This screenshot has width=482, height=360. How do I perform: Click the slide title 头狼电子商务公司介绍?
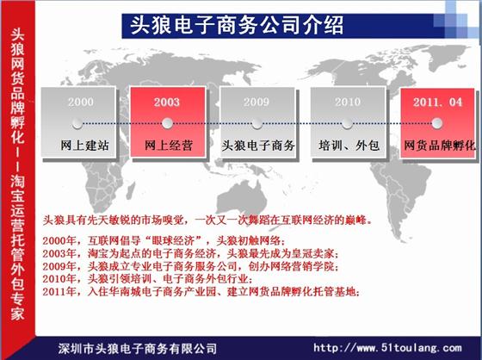pos(237,25)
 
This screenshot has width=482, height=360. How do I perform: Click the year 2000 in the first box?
pos(81,102)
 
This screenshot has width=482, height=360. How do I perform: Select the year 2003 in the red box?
pos(167,102)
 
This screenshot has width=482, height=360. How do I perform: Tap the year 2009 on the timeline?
pos(256,102)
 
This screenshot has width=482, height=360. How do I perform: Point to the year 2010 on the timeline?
pos(348,102)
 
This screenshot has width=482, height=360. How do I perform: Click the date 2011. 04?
pos(437,102)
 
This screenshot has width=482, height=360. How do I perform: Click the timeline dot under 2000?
pos(77,123)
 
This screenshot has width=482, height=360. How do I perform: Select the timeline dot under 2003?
pos(167,123)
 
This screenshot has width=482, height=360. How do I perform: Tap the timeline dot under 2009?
pos(256,123)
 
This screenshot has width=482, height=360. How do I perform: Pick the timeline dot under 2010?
pos(347,123)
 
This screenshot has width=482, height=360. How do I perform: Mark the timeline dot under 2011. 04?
pos(437,123)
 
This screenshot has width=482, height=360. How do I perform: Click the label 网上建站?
pos(84,146)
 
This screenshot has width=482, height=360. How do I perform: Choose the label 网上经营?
pos(169,146)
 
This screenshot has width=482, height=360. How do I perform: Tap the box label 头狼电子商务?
pos(258,146)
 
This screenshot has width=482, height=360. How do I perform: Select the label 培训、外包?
pos(349,146)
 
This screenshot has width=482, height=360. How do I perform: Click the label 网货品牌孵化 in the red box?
pos(440,146)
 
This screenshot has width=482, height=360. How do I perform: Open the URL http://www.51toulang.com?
pos(387,348)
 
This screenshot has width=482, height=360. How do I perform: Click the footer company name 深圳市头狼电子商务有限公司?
pos(138,349)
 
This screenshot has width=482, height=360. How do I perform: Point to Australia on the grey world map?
pos(242,197)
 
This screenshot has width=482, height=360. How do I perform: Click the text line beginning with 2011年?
pos(201,291)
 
